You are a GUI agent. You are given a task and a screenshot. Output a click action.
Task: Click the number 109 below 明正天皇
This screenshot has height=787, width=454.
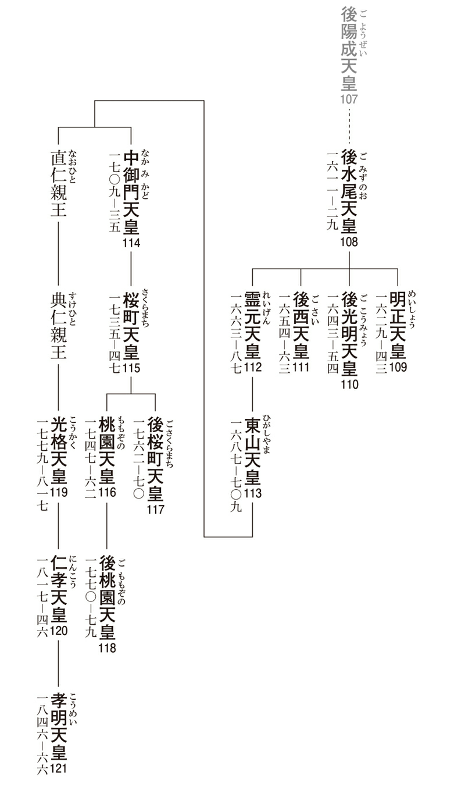click(398, 367)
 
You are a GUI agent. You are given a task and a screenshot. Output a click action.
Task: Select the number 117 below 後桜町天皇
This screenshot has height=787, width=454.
click(155, 510)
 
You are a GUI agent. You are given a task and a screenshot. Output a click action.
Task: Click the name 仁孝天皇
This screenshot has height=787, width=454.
click(58, 589)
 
